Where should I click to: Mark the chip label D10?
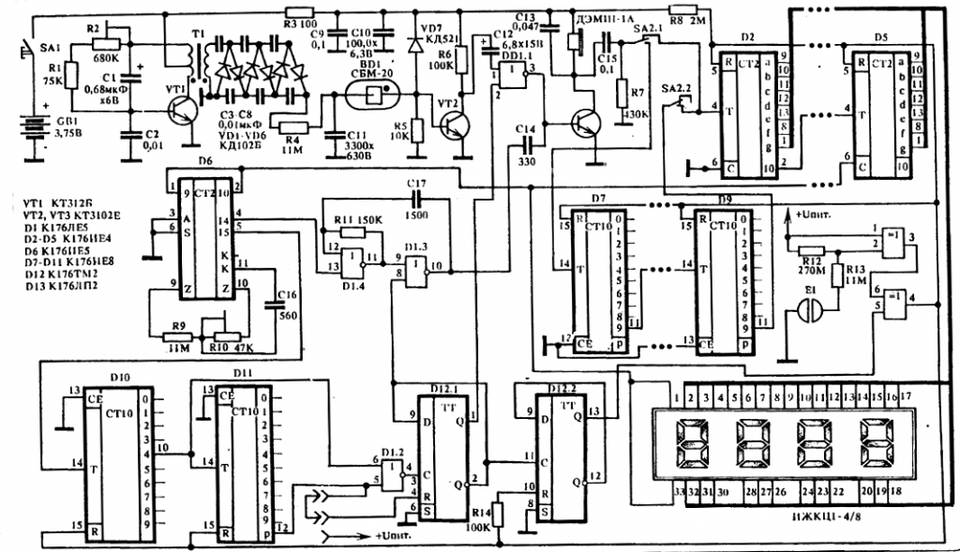[119, 377]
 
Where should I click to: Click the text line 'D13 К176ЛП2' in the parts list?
[64, 273]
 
